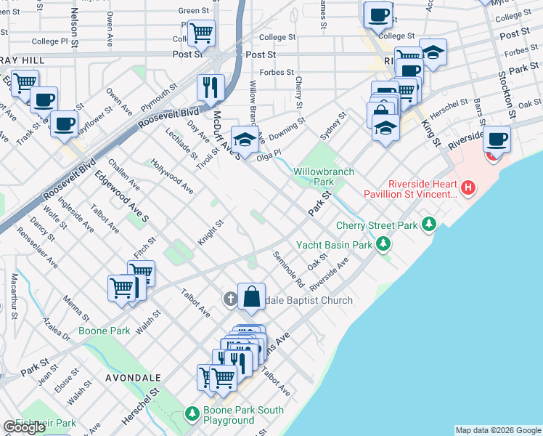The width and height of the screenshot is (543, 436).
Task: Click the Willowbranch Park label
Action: coord(324,177)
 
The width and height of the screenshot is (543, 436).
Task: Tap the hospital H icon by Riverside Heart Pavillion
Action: coord(469,188)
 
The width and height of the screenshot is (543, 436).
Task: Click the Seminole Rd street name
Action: coord(288,269)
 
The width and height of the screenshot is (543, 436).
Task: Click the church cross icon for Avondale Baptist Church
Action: coord(230,299)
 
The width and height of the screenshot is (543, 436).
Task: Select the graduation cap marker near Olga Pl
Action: coord(245,138)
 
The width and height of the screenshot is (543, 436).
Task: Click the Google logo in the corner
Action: coord(24,427)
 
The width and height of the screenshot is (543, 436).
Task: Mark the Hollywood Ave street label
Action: coord(172,177)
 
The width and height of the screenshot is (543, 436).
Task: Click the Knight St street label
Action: coord(209,234)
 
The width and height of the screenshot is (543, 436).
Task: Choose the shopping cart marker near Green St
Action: coord(201,32)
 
